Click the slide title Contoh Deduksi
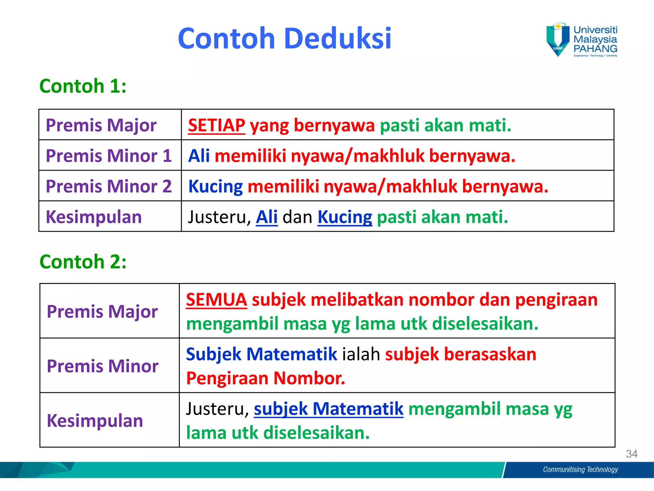click(284, 38)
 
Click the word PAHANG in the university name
click(595, 49)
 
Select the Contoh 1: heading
click(83, 86)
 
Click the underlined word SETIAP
click(217, 125)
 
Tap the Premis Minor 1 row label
click(109, 156)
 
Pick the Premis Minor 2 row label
click(109, 186)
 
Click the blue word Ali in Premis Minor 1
click(199, 156)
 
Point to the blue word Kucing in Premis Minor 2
click(216, 186)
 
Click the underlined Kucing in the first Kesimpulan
click(345, 217)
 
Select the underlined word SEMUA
click(216, 300)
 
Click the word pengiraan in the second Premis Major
click(556, 300)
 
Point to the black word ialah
click(361, 354)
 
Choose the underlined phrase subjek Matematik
click(328, 409)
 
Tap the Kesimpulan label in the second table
click(95, 420)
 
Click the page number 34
click(632, 454)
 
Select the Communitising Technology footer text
click(580, 469)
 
